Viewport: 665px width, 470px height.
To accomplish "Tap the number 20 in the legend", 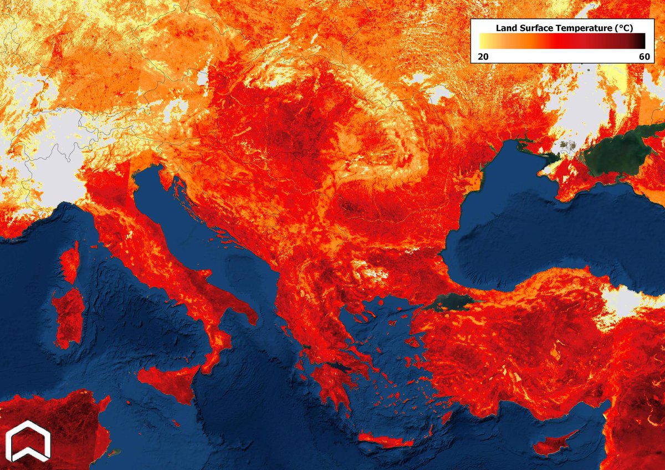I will [483, 56].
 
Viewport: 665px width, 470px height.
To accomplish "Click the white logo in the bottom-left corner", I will [28, 441].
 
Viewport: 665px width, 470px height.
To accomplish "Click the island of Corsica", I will [70, 264].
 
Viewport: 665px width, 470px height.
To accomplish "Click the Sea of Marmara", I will [449, 303].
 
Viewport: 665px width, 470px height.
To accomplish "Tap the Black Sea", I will [543, 233].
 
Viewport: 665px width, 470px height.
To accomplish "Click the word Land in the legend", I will [505, 27].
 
